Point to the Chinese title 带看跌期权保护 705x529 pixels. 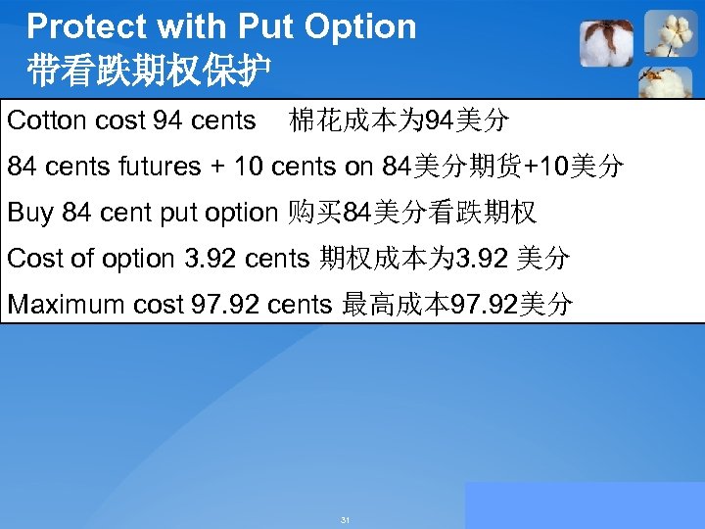click(x=150, y=71)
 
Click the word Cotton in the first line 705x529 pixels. click(x=45, y=121)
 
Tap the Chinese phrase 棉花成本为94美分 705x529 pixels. click(x=399, y=121)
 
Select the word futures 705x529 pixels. click(x=158, y=168)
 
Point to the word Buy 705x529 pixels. click(x=30, y=213)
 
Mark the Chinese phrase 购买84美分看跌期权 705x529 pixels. click(x=411, y=213)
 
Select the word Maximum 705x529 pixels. click(x=66, y=305)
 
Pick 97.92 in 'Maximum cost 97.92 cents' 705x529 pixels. click(x=226, y=305)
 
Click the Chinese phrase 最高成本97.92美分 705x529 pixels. click(x=456, y=305)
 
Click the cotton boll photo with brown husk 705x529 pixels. click(x=606, y=43)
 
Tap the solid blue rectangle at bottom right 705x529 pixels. click(x=585, y=505)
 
